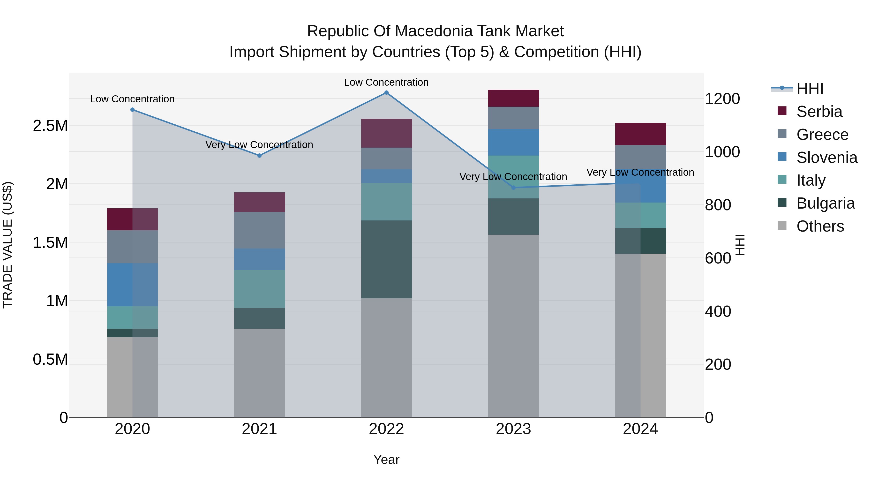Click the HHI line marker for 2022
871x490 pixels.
click(x=386, y=93)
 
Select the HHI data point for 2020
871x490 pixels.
click(x=133, y=110)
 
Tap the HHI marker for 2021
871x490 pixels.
click(x=259, y=156)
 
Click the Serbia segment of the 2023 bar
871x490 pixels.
click(x=513, y=98)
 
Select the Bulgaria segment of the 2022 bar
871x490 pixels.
click(x=386, y=259)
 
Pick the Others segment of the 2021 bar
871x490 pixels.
click(x=259, y=373)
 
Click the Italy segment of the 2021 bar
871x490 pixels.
click(x=259, y=289)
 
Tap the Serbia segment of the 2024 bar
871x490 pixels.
click(x=640, y=134)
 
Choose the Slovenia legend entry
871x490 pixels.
click(x=826, y=158)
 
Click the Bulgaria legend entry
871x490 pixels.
click(x=825, y=204)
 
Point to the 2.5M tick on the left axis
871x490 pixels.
click(x=50, y=126)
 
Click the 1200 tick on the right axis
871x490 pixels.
click(x=722, y=99)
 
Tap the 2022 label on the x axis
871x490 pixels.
click(x=386, y=429)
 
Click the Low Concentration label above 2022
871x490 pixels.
click(x=386, y=82)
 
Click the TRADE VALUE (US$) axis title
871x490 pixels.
click(x=8, y=245)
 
